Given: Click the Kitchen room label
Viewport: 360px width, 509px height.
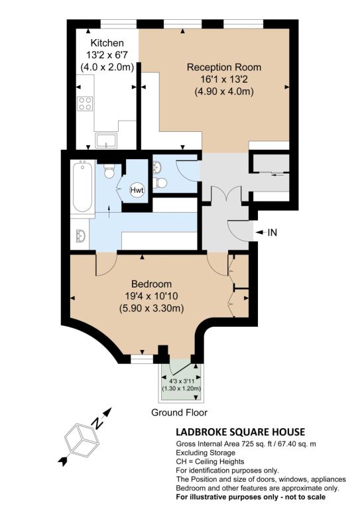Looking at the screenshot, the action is [x=107, y=43].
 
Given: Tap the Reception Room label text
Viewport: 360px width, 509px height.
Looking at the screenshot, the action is [x=224, y=67].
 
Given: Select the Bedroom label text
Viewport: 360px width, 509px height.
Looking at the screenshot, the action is [x=151, y=284].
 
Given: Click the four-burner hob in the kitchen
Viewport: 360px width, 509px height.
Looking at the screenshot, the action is [x=85, y=103].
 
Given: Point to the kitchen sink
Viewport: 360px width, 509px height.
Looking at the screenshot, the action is [x=106, y=141].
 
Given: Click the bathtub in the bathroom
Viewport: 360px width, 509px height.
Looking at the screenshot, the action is [x=82, y=187].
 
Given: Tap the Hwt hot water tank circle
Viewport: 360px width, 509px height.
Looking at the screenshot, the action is [x=137, y=190].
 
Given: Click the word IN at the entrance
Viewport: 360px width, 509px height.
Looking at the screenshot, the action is [x=272, y=233].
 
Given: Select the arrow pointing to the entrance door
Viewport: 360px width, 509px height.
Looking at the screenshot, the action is [x=261, y=233].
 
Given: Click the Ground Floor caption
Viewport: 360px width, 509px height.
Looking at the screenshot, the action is [x=179, y=413].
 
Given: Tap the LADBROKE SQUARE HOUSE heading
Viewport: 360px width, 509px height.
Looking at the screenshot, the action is [x=240, y=432].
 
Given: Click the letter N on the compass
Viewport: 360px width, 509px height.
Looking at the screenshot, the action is [x=97, y=423].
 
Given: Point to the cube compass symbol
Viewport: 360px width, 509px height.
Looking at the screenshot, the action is [x=82, y=440].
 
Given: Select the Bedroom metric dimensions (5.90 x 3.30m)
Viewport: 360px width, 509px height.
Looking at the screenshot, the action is [x=151, y=308].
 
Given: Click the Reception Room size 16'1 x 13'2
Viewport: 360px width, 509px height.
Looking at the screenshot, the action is [x=224, y=80].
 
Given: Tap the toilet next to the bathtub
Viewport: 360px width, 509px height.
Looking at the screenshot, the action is [x=109, y=171].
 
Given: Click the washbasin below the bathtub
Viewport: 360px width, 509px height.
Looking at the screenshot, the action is [x=80, y=236].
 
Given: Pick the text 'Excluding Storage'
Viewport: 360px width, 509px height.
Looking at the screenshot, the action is [x=206, y=453].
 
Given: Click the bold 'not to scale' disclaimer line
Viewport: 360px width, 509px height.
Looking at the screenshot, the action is [x=251, y=497].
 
